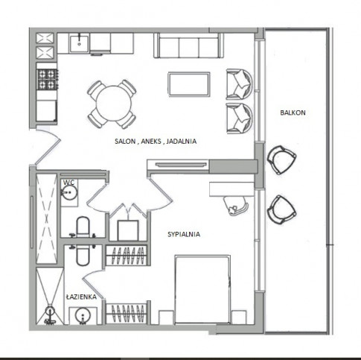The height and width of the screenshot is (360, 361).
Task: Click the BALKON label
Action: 293,113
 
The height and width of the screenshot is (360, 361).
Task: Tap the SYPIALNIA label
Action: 184,234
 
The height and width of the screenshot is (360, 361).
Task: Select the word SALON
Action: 125,141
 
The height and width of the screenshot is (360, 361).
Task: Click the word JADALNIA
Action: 182,141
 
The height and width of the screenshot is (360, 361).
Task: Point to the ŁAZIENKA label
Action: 81,297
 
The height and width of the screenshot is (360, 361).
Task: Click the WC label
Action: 68,183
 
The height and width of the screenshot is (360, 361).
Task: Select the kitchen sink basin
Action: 79,44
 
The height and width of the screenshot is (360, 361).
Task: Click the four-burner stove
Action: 48,79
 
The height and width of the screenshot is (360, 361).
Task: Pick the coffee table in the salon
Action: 189,84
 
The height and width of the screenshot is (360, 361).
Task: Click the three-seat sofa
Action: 188,45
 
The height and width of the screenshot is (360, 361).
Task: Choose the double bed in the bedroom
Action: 202,289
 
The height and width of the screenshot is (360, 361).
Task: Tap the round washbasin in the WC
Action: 69,192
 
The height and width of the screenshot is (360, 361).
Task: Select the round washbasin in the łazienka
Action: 83,316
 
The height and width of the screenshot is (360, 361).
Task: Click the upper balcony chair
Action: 281,160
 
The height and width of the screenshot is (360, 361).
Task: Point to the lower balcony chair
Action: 281,210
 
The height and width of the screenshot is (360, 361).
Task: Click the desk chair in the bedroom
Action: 236,206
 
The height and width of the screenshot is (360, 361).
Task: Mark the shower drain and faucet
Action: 50,315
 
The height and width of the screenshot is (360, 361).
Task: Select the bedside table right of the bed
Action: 239,317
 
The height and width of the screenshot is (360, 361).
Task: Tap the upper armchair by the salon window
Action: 239,84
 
